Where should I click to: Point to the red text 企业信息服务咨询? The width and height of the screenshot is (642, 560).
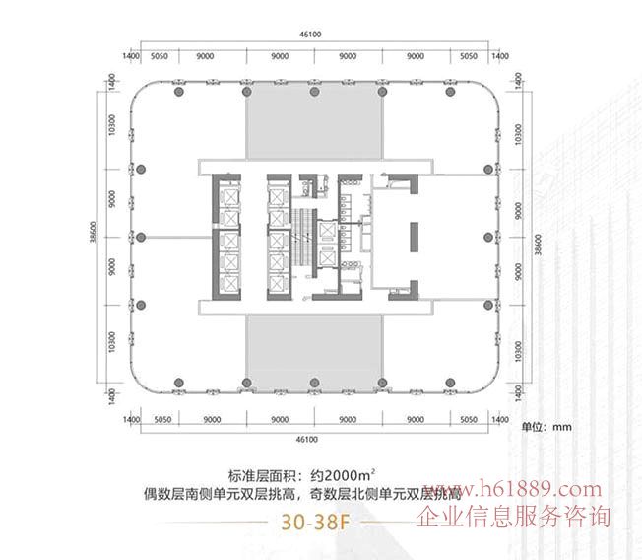[515, 516]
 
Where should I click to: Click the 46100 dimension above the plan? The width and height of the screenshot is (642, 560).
[311, 34]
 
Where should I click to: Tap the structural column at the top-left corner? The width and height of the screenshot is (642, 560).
[176, 93]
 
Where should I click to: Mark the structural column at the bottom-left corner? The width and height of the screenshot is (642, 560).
[176, 381]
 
